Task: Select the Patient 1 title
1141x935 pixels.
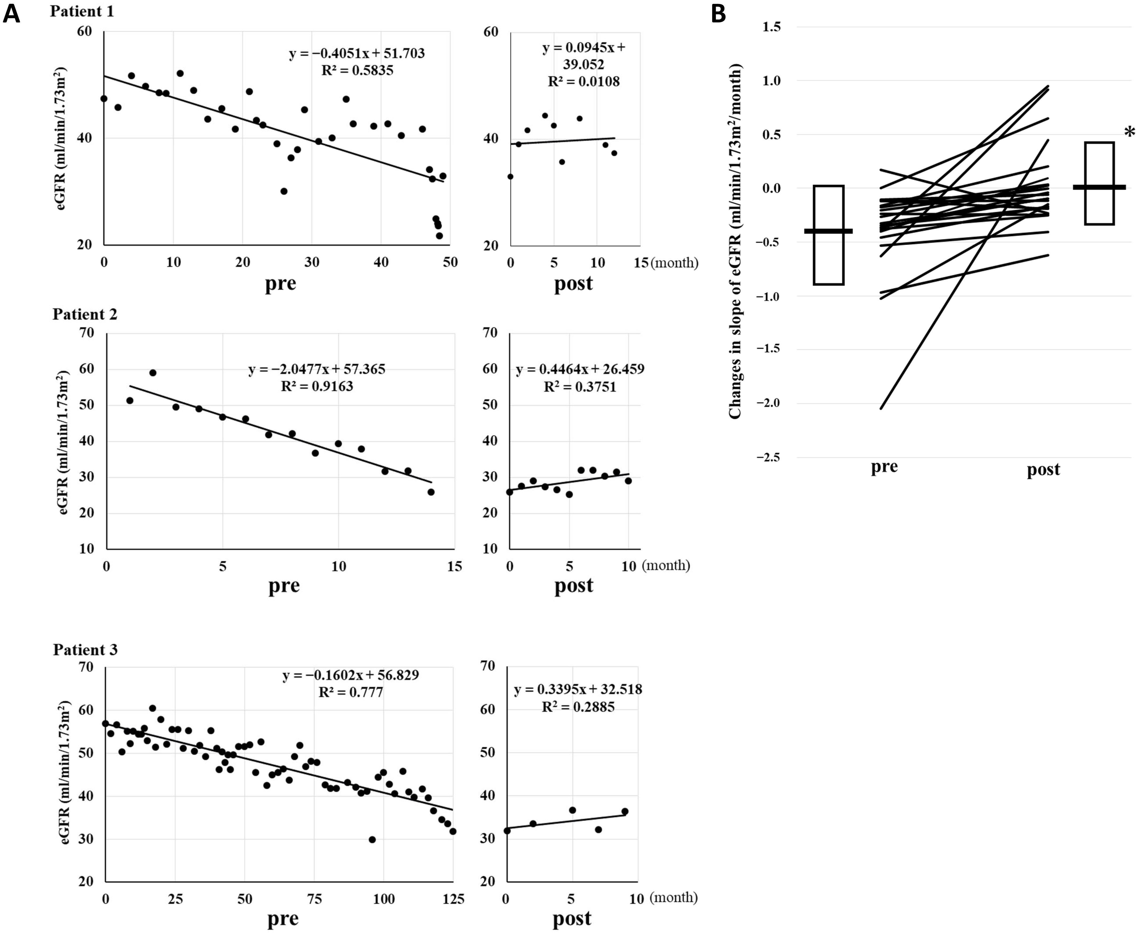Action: coord(82,11)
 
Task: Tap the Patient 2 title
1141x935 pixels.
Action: coord(85,314)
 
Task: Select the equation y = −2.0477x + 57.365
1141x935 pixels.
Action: coord(317,369)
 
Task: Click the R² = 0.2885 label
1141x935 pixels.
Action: coord(578,707)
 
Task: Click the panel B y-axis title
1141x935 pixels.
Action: coord(736,241)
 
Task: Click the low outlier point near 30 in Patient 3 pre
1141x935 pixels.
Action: coord(372,839)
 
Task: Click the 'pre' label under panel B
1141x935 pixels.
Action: coord(884,466)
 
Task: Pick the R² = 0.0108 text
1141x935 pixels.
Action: coord(583,82)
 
